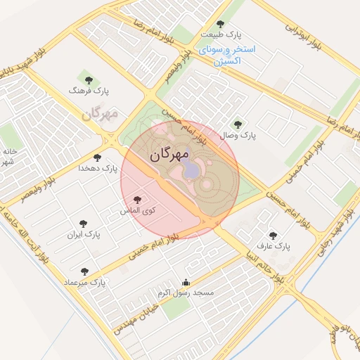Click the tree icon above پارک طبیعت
point(220,24)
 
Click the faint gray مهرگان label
point(98,113)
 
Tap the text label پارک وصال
point(240,134)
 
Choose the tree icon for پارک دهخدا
point(96,158)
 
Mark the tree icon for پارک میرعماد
point(84,271)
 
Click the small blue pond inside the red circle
point(191,171)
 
